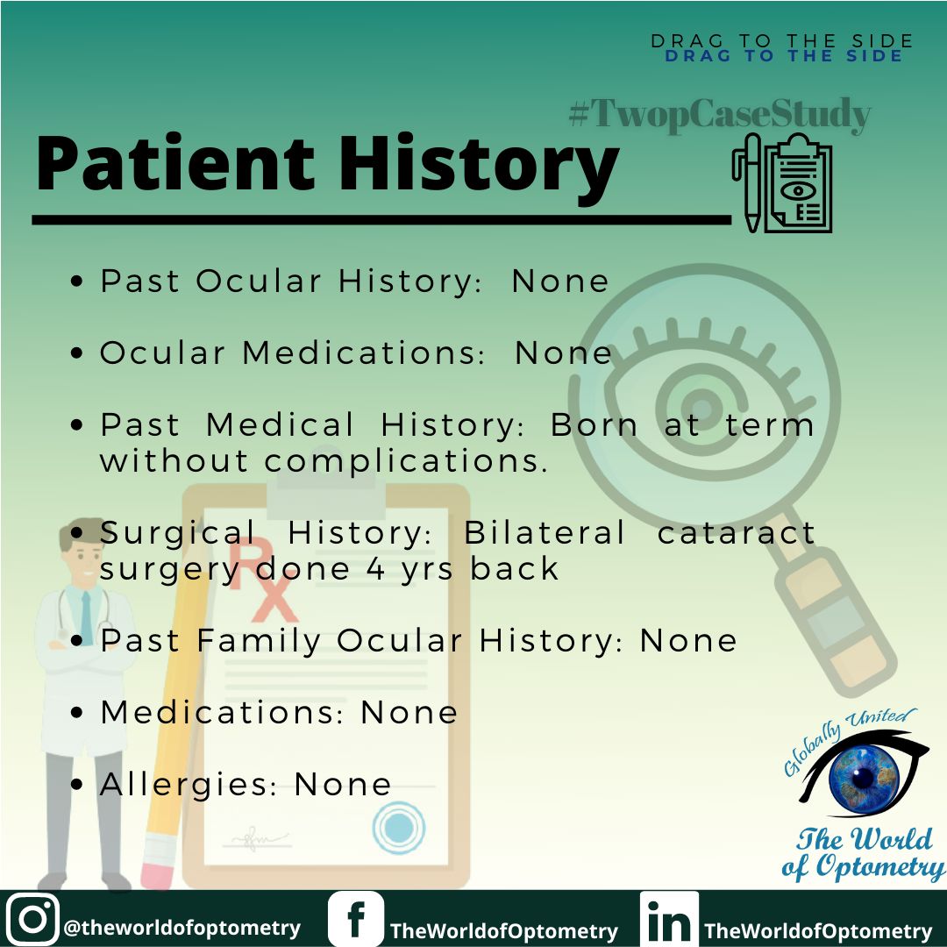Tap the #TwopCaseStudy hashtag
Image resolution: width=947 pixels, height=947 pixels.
pyautogui.click(x=719, y=115)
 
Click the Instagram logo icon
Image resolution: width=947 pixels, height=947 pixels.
pyautogui.click(x=32, y=919)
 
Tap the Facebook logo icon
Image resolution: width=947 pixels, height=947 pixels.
pyautogui.click(x=355, y=920)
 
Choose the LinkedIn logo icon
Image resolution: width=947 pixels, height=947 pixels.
pyautogui.click(x=669, y=920)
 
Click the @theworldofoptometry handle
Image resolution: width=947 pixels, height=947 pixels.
pyautogui.click(x=182, y=928)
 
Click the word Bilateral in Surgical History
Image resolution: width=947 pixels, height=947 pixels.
pyautogui.click(x=545, y=532)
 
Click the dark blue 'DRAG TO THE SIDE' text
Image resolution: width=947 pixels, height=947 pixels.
pyautogui.click(x=783, y=57)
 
